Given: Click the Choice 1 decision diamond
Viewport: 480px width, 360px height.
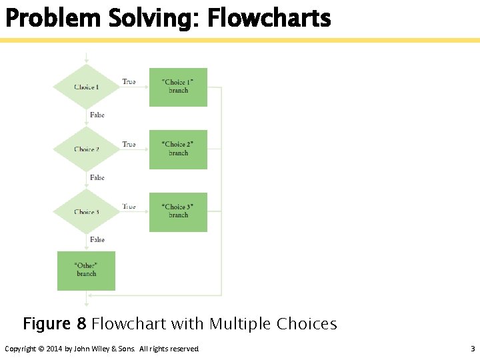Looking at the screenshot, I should point(87,87).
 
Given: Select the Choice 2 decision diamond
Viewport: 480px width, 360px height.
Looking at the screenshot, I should point(87,149).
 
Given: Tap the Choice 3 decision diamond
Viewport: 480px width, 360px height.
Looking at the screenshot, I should point(87,212).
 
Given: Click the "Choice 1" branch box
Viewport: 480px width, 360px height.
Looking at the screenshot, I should point(178,87).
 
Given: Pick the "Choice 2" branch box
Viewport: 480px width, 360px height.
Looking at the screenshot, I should point(178,149).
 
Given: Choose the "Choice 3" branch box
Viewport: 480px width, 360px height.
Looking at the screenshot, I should point(178,211).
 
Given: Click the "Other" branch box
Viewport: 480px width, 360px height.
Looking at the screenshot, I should point(86,270).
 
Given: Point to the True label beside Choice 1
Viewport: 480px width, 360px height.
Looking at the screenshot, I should point(129,82).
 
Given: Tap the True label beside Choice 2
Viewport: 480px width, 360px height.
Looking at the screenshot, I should point(129,144).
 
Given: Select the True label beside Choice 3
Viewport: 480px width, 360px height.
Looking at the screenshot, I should point(129,207).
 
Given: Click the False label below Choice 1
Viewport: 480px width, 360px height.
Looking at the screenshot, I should point(97,115).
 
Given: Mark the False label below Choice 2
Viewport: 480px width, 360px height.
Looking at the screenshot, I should point(97,177).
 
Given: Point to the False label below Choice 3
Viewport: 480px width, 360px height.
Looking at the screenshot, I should point(97,239).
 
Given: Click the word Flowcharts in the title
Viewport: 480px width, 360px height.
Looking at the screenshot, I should point(269,18).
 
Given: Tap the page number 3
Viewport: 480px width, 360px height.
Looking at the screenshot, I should point(472,349).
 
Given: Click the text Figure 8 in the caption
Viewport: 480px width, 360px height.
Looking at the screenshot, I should point(55,324).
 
